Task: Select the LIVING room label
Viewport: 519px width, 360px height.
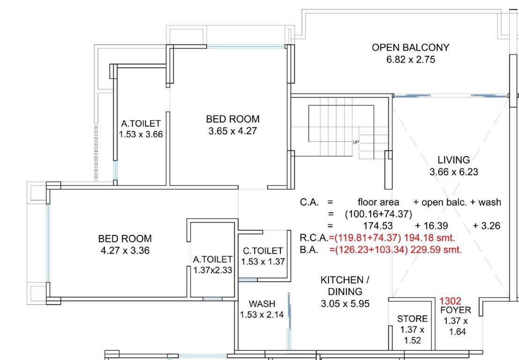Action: click(x=453, y=160)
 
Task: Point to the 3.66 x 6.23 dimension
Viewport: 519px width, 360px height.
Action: click(x=453, y=172)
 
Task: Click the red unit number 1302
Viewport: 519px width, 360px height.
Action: click(x=450, y=301)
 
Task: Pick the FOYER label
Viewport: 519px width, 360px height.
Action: click(x=455, y=310)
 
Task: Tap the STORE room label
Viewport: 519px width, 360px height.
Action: click(x=412, y=319)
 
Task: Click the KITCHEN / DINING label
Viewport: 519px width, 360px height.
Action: click(x=345, y=285)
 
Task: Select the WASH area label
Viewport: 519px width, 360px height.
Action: click(x=262, y=304)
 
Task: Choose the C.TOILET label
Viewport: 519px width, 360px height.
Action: click(x=263, y=251)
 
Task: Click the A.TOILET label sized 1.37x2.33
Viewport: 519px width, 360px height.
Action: click(x=213, y=259)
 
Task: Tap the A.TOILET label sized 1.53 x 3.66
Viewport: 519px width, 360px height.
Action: click(x=141, y=124)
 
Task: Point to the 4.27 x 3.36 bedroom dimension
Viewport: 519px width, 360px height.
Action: click(x=125, y=251)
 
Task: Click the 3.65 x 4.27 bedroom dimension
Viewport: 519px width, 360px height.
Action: click(x=233, y=131)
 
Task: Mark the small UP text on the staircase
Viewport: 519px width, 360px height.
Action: click(x=356, y=142)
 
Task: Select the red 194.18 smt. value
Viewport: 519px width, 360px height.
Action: click(x=432, y=238)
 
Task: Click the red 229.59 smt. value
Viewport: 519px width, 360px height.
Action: click(x=436, y=250)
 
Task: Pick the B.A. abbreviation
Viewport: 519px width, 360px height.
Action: click(x=309, y=250)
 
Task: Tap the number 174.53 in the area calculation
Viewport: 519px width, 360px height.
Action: click(x=371, y=226)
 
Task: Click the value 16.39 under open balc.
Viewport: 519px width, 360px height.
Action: click(x=431, y=226)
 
